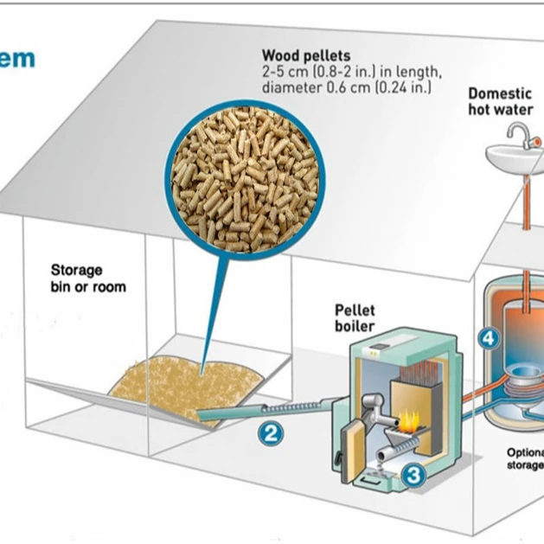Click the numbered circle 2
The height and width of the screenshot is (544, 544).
tap(271, 434)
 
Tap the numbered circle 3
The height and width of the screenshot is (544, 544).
tap(413, 474)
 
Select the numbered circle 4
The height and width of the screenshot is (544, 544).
tap(489, 339)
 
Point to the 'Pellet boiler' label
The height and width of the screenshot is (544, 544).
tap(355, 318)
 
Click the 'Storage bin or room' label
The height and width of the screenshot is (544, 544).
tap(87, 278)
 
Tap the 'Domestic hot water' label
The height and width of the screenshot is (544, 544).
tap(502, 102)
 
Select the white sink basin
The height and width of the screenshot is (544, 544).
tap(514, 160)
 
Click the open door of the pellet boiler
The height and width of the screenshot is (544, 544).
tap(355, 441)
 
